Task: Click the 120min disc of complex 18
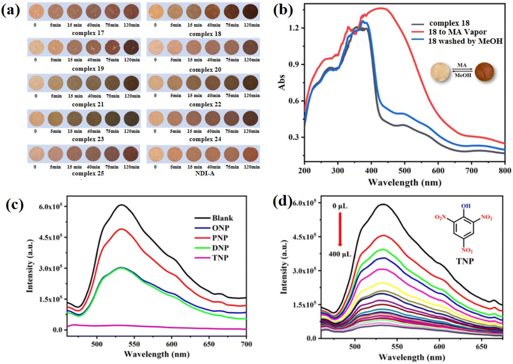(x=250, y=12)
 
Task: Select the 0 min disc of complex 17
(x=37, y=12)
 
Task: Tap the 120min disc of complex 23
(x=132, y=119)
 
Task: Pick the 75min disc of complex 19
(x=112, y=47)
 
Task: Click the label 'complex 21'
(x=88, y=105)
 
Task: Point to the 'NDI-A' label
(x=205, y=173)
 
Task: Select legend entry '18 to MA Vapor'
(x=457, y=32)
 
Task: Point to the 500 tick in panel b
(x=405, y=171)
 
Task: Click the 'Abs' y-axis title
(x=282, y=82)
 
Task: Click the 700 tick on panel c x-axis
(x=246, y=344)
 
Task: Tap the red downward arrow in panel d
(x=340, y=229)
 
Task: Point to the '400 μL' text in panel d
(x=340, y=254)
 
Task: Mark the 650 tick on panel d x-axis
(x=481, y=347)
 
